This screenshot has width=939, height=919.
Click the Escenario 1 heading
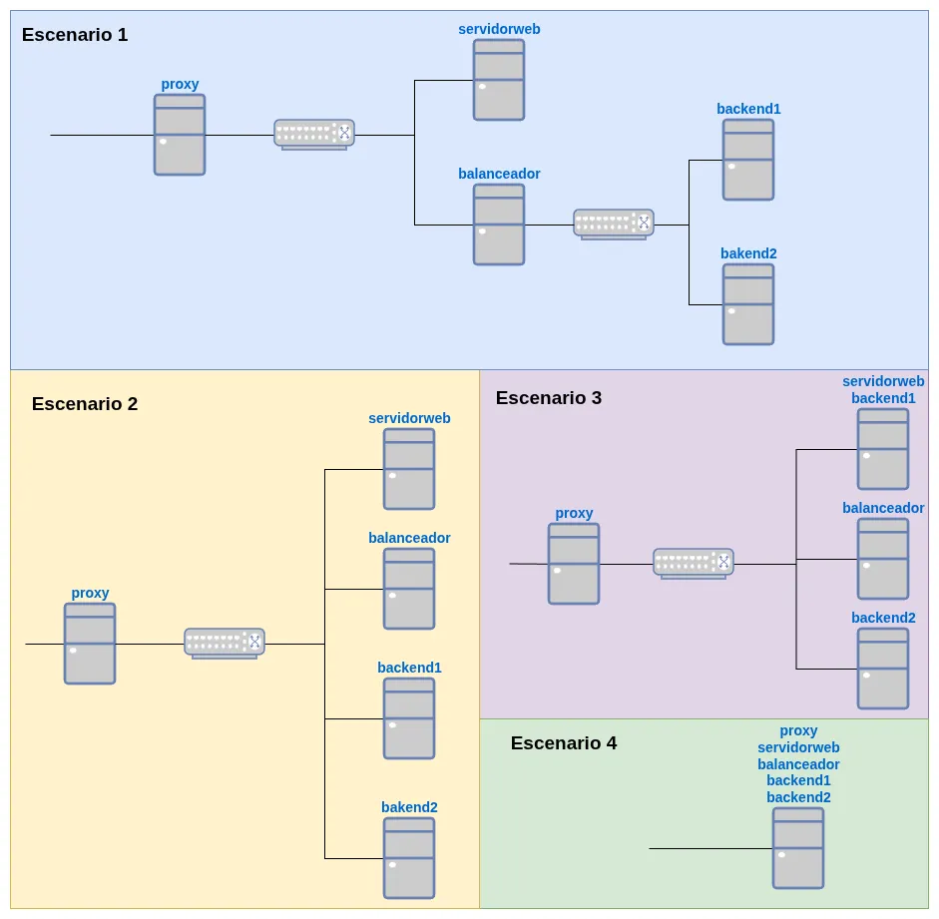pos(75,35)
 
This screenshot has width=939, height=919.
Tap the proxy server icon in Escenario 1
pos(180,135)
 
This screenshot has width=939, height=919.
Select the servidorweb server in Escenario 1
pos(499,80)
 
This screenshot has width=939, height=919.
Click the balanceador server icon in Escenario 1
pos(499,225)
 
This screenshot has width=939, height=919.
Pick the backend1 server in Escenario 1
pos(748,160)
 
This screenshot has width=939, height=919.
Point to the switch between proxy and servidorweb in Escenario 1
pos(314,134)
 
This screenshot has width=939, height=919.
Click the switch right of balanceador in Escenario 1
pos(614,224)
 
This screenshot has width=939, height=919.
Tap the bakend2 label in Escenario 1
pos(748,253)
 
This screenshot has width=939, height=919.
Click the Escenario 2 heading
pos(85,404)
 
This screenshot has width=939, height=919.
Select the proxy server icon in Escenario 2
pos(90,644)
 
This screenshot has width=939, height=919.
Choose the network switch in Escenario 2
pos(225,643)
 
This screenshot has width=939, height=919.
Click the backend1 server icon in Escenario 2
pos(409,718)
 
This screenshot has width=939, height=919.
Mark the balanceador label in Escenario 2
pos(409,538)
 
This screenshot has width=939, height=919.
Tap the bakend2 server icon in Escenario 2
pos(409,858)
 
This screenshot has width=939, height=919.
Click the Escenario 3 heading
pos(549,398)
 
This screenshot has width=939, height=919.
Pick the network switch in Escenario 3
pos(694,563)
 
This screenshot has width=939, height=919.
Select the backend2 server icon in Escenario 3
pos(883,669)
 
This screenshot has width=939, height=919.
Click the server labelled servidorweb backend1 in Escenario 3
pos(883,449)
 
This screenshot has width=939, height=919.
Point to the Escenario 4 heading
pos(564,743)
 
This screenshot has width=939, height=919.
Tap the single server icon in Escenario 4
pos(798,848)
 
